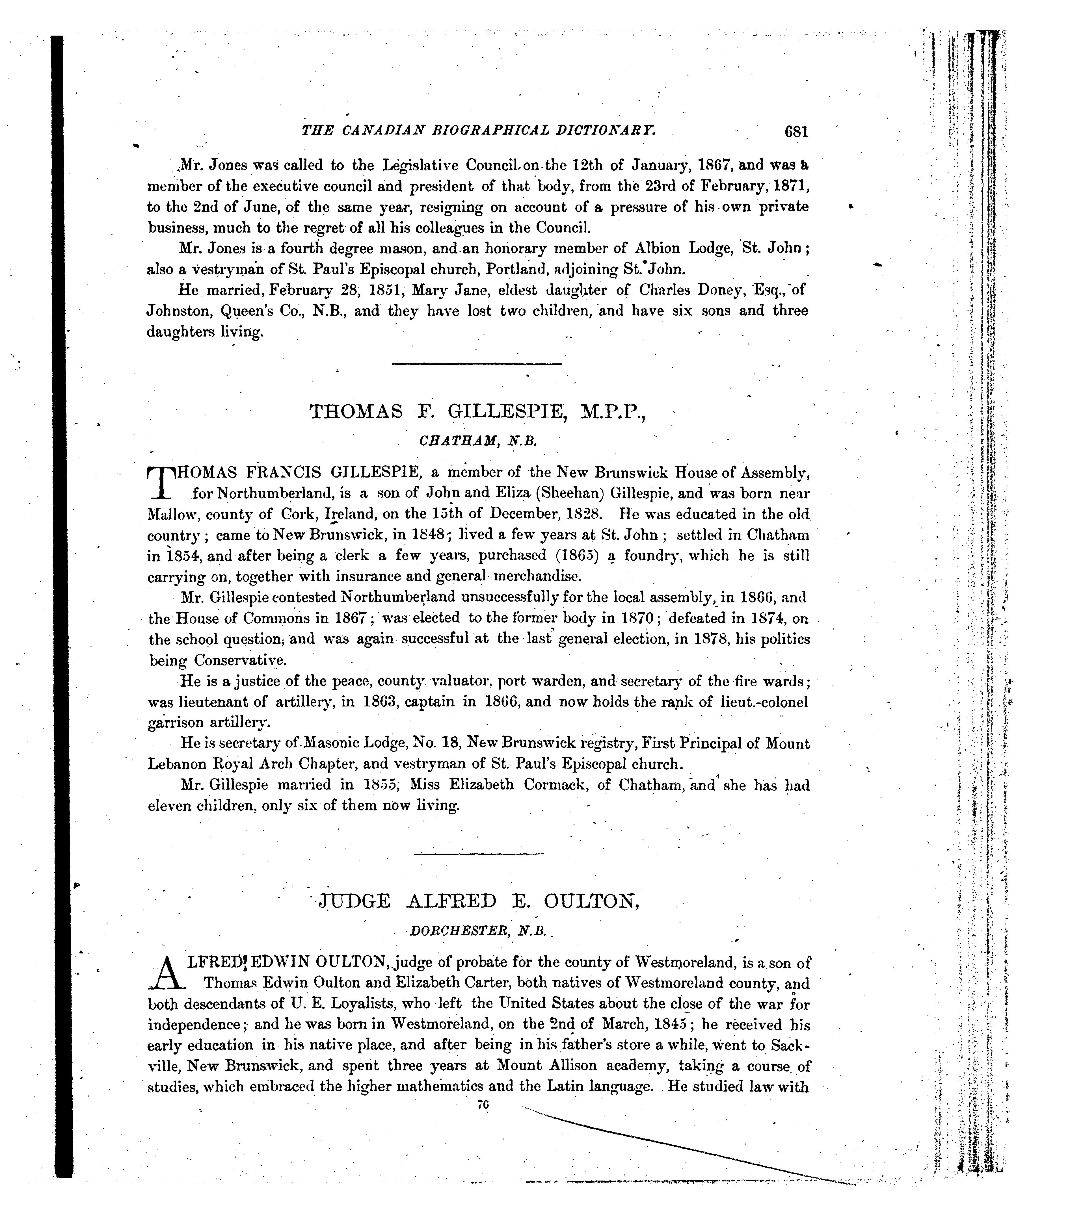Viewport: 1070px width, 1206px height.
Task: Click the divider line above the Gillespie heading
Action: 477,364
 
